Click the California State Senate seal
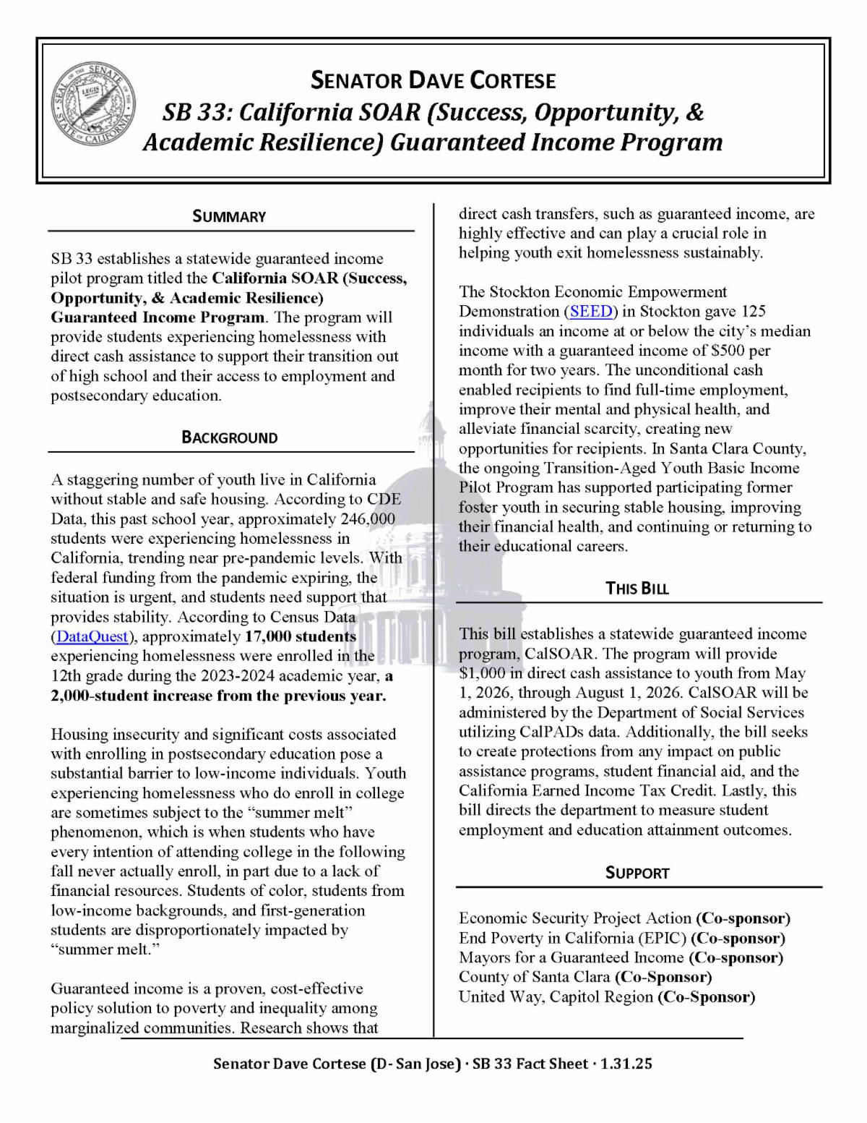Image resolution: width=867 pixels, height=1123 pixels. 92,110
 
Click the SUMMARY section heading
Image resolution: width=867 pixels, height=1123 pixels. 229,216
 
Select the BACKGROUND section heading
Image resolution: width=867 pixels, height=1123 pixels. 229,437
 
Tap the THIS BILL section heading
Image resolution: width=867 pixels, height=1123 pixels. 637,588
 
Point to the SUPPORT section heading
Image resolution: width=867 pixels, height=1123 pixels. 637,873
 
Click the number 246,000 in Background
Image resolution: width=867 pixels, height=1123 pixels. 367,519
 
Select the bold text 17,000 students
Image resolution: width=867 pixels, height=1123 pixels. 301,637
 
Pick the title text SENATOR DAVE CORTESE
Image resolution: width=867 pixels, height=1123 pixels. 433,80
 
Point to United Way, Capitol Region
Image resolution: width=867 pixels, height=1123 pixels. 556,997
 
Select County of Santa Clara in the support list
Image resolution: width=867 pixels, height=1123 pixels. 535,978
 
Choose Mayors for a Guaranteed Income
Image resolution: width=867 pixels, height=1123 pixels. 571,958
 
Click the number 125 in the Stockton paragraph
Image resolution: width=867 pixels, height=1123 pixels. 752,312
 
